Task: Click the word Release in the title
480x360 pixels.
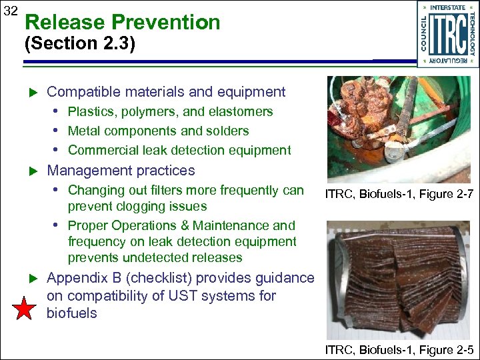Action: [64, 22]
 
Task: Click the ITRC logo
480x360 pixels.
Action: [447, 33]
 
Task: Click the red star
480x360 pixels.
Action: [25, 309]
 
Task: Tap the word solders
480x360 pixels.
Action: [227, 131]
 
